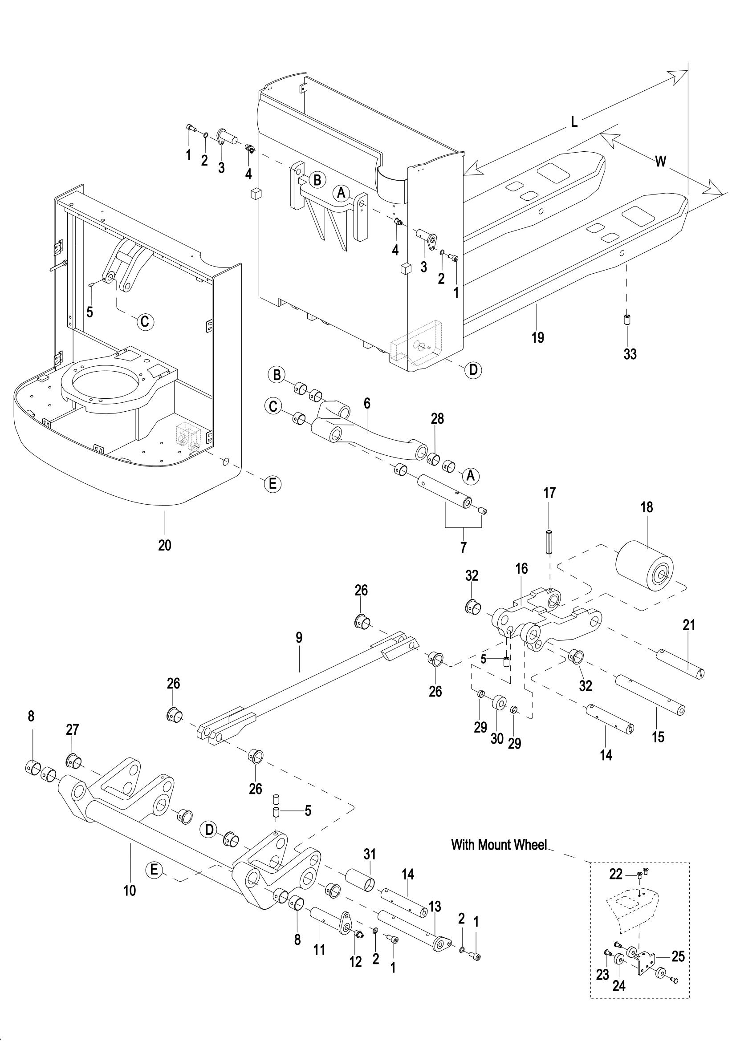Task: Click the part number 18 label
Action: pos(647,507)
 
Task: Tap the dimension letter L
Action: pos(574,122)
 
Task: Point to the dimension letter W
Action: pos(661,161)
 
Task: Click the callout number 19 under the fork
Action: pos(538,337)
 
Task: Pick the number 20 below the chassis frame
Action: pos(165,544)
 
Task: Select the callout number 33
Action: pos(630,354)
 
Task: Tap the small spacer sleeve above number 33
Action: pos(627,319)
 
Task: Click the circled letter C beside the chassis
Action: pos(145,322)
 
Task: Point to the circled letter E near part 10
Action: pos(154,870)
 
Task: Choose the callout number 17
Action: pos(549,493)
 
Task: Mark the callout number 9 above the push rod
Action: pos(299,638)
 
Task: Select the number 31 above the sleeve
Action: pos(370,854)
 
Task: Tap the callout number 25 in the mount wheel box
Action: pos(678,957)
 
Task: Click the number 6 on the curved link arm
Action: pos(367,404)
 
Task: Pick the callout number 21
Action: pos(689,625)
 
